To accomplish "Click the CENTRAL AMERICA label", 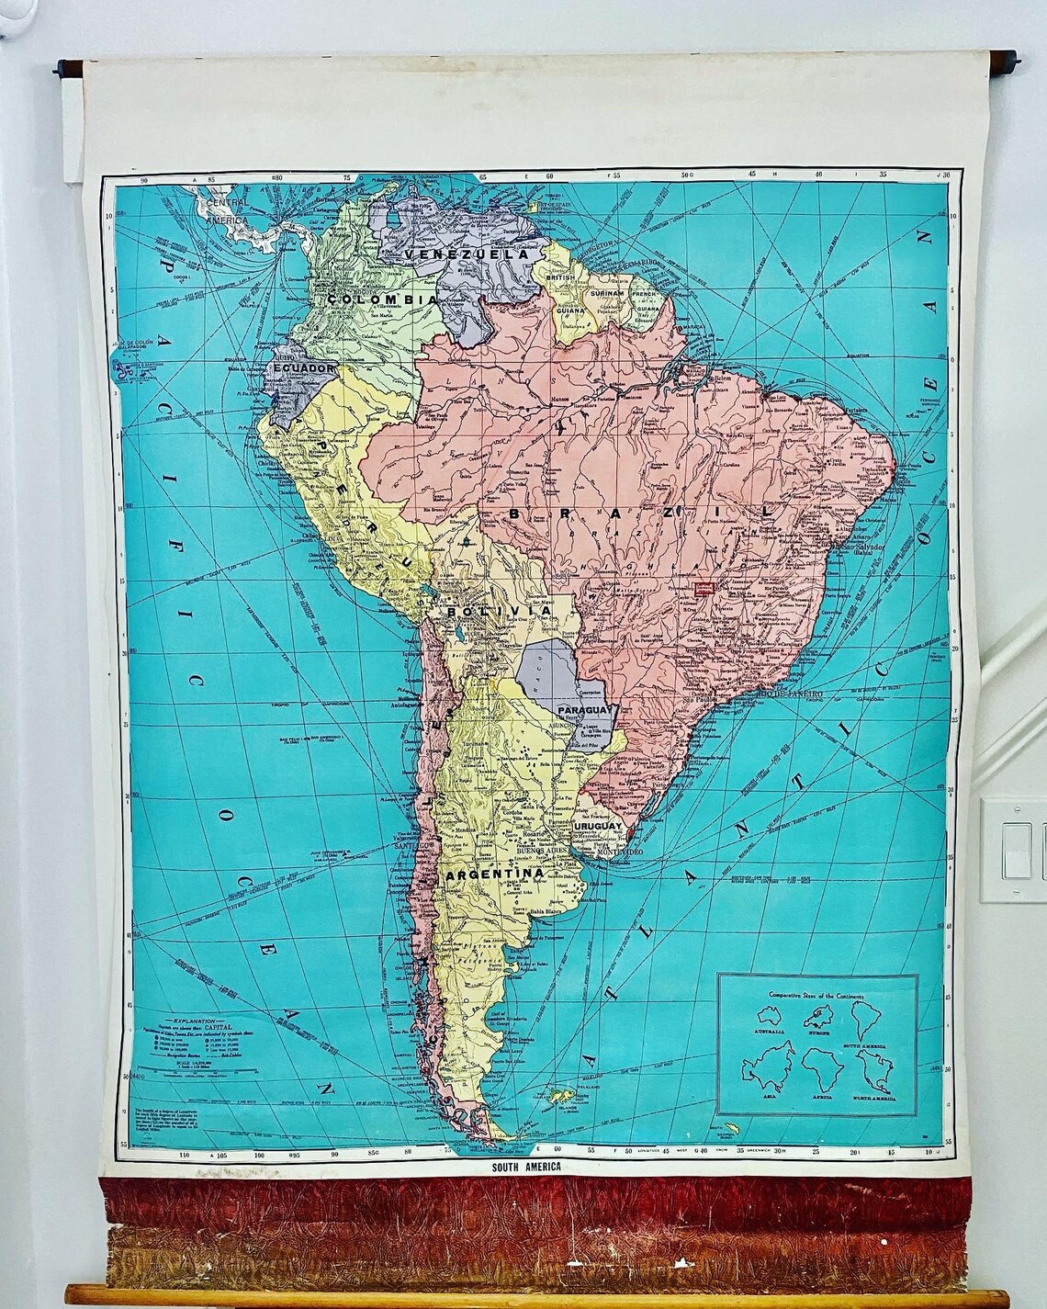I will (x=223, y=209).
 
